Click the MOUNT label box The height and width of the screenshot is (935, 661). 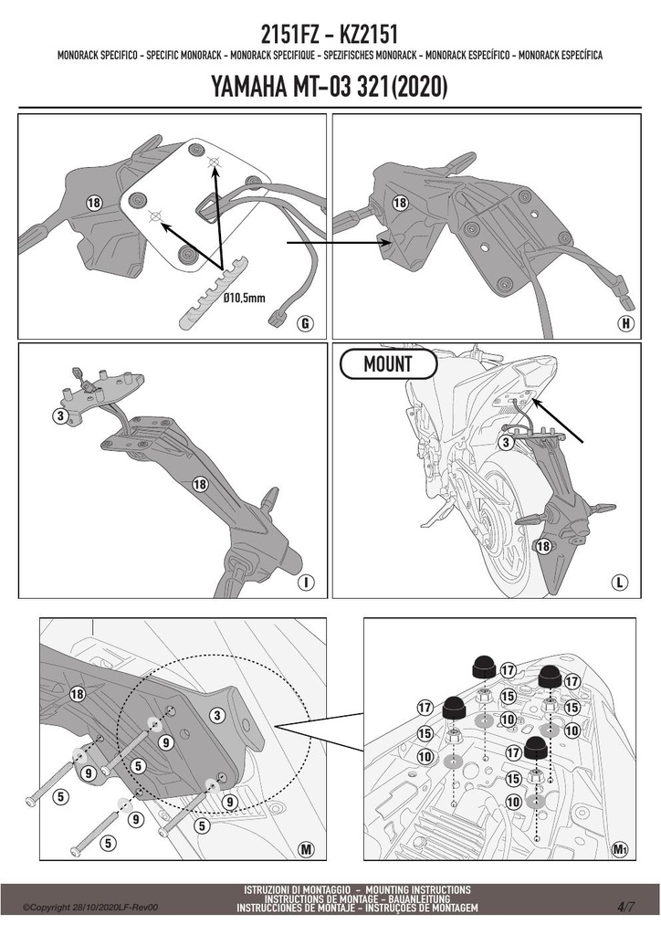388,363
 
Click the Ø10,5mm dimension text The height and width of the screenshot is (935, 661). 244,297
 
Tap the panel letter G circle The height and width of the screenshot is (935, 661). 305,324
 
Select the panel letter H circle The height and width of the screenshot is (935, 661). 625,324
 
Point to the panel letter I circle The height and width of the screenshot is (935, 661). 306,582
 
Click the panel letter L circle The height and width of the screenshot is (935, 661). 620,582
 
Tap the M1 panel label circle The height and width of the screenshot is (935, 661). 620,849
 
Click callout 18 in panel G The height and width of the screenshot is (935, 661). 93,203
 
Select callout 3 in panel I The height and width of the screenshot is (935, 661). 60,415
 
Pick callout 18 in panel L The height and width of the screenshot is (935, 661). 543,546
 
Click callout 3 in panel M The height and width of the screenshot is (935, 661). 217,716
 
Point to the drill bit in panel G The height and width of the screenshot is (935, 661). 214,291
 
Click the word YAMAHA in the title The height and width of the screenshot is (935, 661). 249,87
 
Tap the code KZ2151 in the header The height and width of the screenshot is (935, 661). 368,34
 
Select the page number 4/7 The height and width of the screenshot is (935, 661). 625,907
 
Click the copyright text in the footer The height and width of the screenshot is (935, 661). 90,908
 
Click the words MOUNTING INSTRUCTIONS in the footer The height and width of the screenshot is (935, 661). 418,889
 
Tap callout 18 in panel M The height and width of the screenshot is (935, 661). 77,694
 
